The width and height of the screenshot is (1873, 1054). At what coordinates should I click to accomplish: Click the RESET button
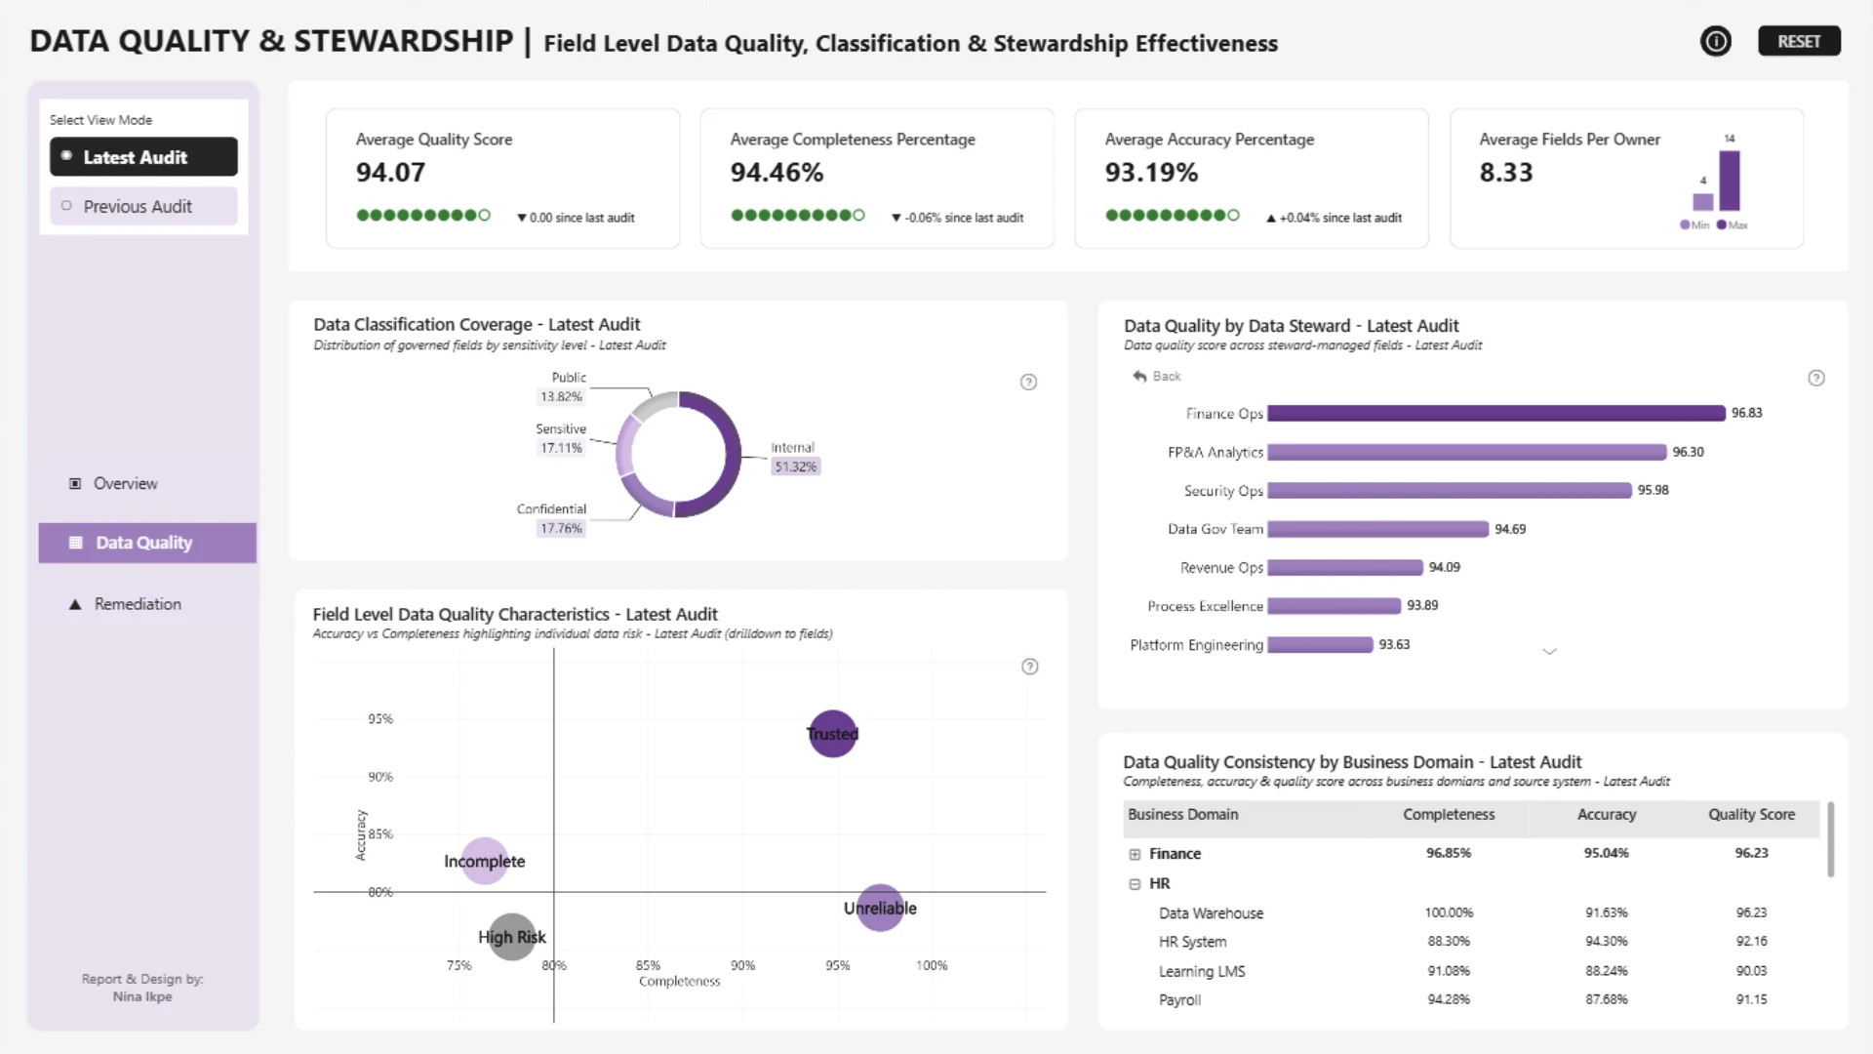click(1799, 41)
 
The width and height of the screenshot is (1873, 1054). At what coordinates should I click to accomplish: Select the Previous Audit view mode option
click(143, 206)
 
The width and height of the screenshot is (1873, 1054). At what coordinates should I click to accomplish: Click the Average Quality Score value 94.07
click(390, 173)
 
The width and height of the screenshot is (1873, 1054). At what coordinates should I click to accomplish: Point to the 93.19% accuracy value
click(1151, 173)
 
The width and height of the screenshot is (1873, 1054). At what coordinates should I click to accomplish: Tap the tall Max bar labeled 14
click(1730, 181)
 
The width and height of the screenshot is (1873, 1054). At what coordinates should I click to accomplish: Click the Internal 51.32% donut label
click(795, 458)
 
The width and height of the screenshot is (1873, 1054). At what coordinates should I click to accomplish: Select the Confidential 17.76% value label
click(561, 528)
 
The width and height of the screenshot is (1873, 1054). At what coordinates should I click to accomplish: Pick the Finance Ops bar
click(1496, 414)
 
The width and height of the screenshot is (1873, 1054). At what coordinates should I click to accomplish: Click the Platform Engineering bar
click(1320, 645)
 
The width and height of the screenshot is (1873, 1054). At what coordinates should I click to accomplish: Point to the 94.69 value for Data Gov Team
click(1510, 529)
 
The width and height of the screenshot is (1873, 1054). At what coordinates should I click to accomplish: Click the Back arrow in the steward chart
click(1139, 377)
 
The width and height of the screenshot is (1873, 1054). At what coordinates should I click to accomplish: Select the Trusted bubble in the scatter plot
click(832, 734)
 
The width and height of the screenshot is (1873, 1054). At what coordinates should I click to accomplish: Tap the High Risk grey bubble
click(512, 937)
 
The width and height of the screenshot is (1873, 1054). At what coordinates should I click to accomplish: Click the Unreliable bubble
click(880, 908)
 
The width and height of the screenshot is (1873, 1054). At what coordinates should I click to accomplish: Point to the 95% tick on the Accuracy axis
click(380, 719)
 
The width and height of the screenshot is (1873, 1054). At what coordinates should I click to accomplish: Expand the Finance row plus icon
click(1135, 854)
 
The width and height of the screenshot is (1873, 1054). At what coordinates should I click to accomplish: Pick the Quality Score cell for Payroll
click(1751, 999)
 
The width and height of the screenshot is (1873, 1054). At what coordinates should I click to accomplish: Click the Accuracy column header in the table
click(1607, 815)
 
